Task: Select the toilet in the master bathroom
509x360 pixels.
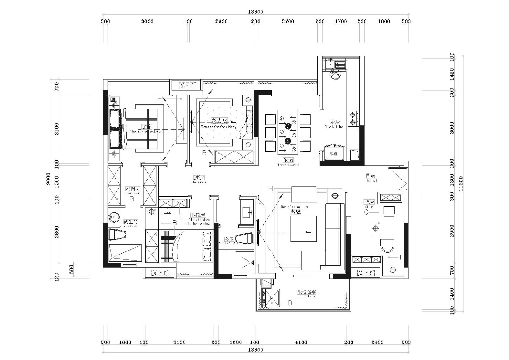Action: point(117,235)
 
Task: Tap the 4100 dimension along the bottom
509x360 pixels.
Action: point(301,342)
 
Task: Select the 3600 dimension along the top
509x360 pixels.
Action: point(147,21)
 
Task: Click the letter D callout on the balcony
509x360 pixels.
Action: point(290,303)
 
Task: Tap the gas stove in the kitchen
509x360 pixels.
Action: point(353,118)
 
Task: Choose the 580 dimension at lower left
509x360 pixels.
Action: point(71,269)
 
